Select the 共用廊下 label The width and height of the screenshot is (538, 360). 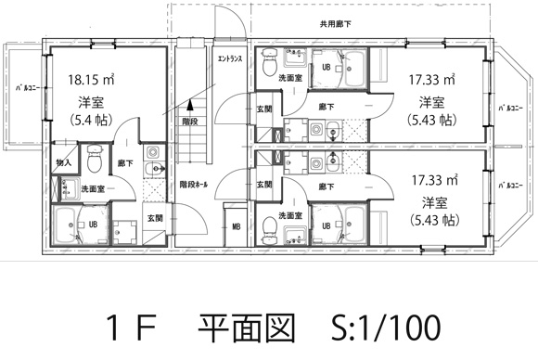coord(335,23)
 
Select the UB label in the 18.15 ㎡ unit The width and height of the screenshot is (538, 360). coord(94,224)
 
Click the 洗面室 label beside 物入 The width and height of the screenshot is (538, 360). coord(91,188)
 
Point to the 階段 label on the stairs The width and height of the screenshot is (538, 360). coord(189,121)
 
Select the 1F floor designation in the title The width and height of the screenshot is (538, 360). coord(134,326)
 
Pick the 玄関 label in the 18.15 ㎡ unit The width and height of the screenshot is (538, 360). coord(154,218)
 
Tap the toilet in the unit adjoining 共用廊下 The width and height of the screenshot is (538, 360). coord(268,67)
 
